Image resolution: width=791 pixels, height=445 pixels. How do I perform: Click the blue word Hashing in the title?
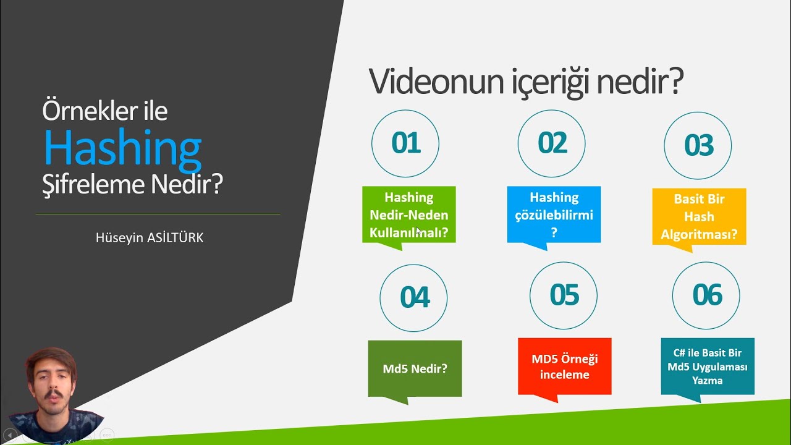pyautogui.click(x=122, y=148)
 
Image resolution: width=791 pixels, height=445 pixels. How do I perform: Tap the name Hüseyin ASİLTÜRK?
pyautogui.click(x=150, y=238)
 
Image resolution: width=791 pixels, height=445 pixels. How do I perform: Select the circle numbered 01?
pyautogui.click(x=405, y=143)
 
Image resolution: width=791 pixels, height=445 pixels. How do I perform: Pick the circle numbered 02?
pyautogui.click(x=552, y=143)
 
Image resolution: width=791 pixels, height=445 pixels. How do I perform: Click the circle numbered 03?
pyautogui.click(x=698, y=145)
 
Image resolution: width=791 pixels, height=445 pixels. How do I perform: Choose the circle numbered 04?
pyautogui.click(x=413, y=297)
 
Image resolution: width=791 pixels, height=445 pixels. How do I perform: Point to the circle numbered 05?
pyautogui.click(x=564, y=295)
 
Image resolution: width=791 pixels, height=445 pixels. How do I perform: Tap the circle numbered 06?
pyautogui.click(x=706, y=295)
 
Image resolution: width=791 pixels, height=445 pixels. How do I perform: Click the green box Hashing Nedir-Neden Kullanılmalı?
pyautogui.click(x=408, y=214)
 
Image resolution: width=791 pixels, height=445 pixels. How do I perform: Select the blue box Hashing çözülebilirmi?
pyautogui.click(x=554, y=214)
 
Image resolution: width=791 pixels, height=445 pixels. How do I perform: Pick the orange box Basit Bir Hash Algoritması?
pyautogui.click(x=699, y=216)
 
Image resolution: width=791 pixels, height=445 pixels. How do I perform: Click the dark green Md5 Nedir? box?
pyautogui.click(x=415, y=368)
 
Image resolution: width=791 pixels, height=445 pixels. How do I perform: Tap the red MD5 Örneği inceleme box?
pyautogui.click(x=564, y=366)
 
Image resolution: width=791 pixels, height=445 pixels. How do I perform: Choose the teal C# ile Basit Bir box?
pyautogui.click(x=708, y=366)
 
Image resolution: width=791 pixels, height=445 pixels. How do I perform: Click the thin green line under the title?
pyautogui.click(x=158, y=214)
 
